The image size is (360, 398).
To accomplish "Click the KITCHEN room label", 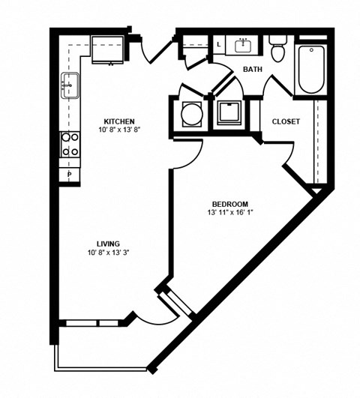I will click(x=118, y=121).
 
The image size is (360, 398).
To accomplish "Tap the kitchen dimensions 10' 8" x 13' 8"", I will click(x=118, y=130).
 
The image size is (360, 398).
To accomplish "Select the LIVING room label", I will click(x=109, y=244).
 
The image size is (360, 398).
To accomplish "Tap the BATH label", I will click(x=251, y=70).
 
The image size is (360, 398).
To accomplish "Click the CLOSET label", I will click(x=286, y=121).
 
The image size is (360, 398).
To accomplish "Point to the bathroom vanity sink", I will click(x=243, y=46).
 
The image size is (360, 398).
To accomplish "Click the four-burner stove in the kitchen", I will click(x=70, y=144).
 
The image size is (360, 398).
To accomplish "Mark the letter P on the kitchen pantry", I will click(x=70, y=175).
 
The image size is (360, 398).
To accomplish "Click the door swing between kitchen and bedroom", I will click(x=186, y=154).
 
